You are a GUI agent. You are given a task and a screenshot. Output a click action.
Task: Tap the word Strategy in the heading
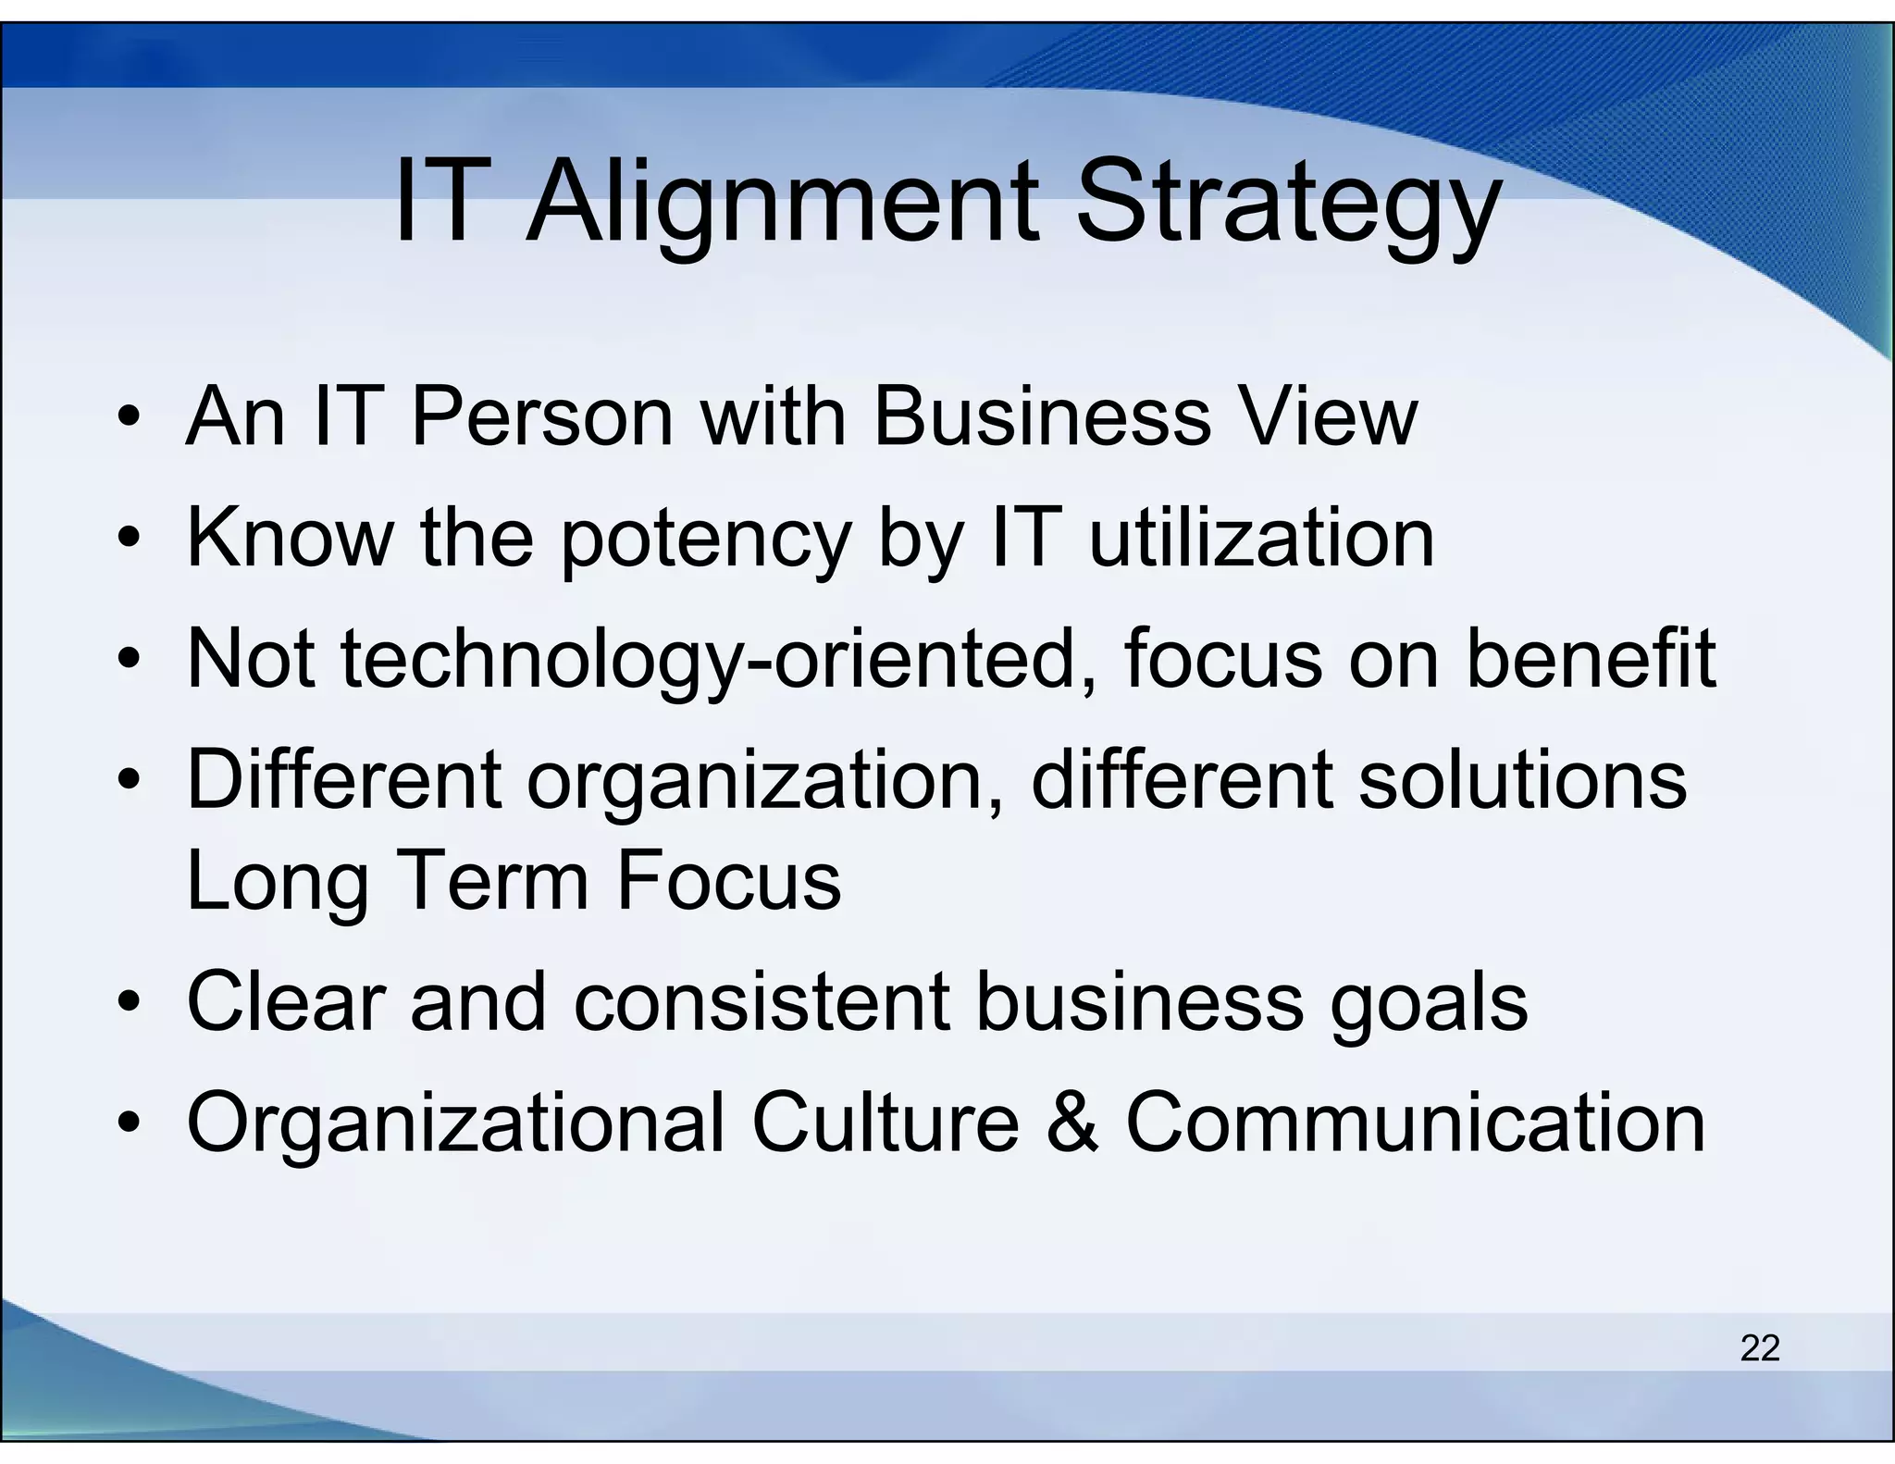coord(1287,205)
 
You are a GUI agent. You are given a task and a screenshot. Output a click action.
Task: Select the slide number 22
coord(1759,1348)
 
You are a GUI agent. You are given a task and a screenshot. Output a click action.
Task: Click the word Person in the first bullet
coord(541,417)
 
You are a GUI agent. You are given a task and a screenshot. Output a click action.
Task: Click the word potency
coord(705,540)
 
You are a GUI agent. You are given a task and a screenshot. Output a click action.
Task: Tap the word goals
coord(1429,1005)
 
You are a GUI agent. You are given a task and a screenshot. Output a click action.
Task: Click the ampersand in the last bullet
coord(1072,1123)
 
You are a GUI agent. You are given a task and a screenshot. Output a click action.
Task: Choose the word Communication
coord(1415,1123)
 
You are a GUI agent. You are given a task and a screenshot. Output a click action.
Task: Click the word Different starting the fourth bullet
coord(343,781)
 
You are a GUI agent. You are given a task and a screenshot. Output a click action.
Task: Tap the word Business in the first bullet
coord(1042,417)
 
